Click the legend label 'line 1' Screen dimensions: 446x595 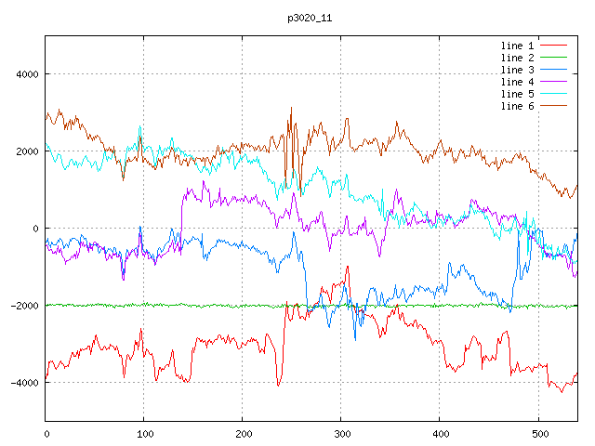pos(517,46)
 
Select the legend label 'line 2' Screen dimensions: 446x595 pos(517,58)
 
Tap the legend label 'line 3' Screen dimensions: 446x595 pos(517,70)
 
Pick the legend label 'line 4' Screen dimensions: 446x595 pos(517,82)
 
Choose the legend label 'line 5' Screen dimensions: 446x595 pos(517,94)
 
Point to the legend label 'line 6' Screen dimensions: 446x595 pos(517,106)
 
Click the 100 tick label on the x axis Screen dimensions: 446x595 pos(144,432)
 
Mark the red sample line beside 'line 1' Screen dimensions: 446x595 pos(553,46)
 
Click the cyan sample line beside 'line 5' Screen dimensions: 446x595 pos(553,94)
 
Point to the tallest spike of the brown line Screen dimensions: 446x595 pos(291,108)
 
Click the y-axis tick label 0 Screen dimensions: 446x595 pos(35,229)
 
